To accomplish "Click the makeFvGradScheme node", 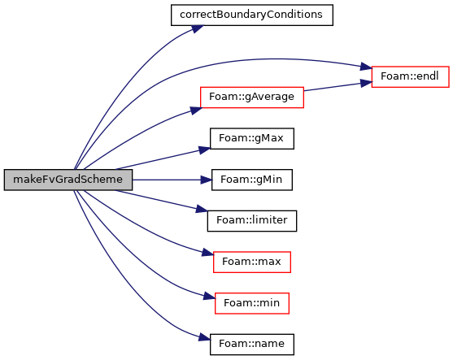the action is (x=68, y=180).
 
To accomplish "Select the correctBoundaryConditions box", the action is (x=252, y=15).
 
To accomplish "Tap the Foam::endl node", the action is (x=410, y=76).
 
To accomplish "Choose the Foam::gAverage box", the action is (x=252, y=98).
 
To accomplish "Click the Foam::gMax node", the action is (x=252, y=139).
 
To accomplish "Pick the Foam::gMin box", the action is (x=252, y=180).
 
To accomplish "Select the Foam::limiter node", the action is (x=252, y=221).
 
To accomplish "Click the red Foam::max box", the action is (x=252, y=262).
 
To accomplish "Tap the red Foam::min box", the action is (x=252, y=303).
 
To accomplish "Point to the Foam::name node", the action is (x=252, y=345).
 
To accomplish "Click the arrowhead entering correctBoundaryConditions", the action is (x=198, y=29).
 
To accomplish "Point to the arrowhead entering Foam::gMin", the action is (x=207, y=180).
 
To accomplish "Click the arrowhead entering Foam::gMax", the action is (x=205, y=150).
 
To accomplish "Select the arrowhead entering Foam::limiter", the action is (x=202, y=210).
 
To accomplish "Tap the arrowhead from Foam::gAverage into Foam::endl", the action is (x=366, y=84).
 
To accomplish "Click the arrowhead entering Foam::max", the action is (x=207, y=253).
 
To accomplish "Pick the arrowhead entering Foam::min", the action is (x=210, y=296).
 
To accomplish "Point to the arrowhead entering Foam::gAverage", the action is (x=196, y=111).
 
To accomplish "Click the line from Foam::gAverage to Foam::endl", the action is (x=333, y=87).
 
